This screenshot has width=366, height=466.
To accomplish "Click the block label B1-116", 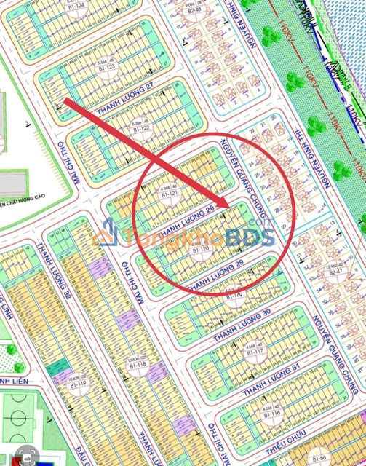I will tap(274, 412).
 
